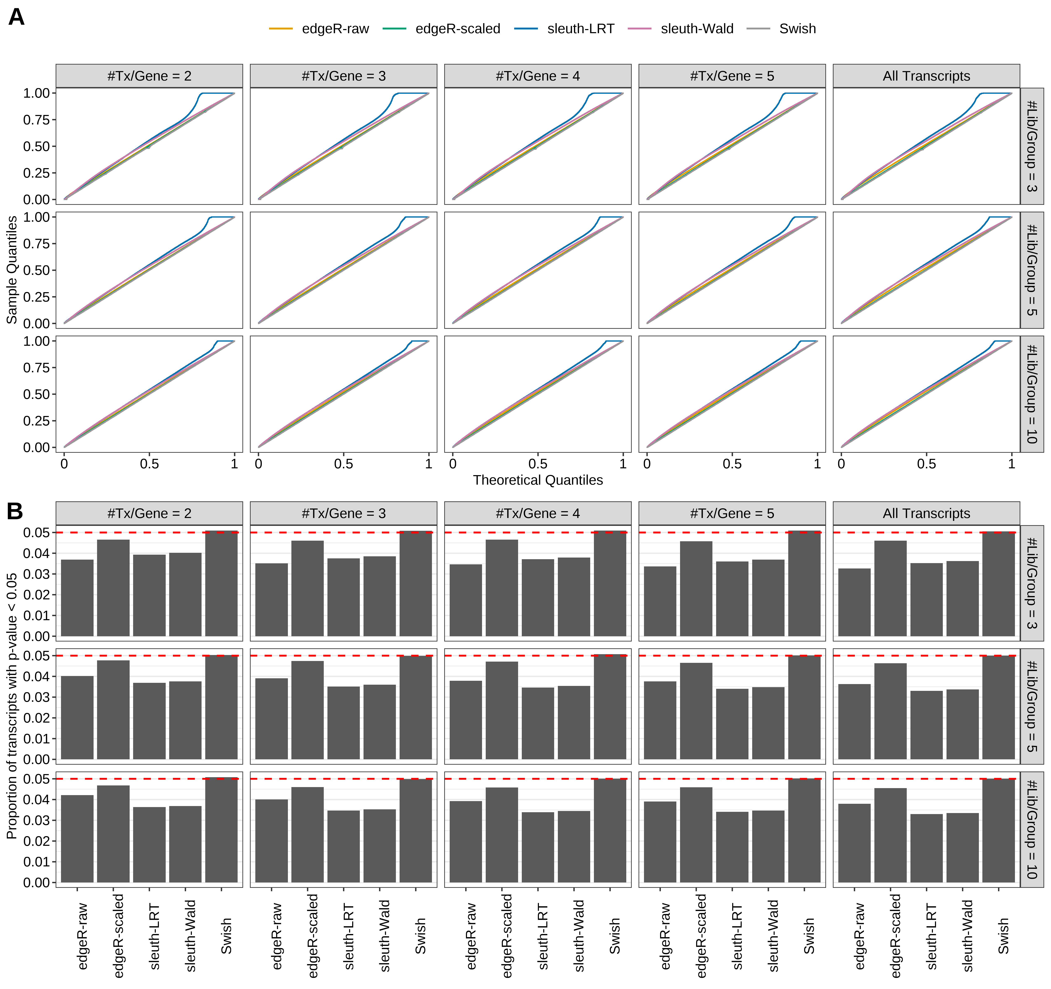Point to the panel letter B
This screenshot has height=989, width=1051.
pos(15,511)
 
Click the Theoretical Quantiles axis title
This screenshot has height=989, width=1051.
pos(538,480)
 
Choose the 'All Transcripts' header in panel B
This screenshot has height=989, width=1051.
pos(926,513)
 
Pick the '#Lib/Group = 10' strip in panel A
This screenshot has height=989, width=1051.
pos(1031,394)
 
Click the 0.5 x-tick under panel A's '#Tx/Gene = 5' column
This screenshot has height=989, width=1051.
pos(732,464)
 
